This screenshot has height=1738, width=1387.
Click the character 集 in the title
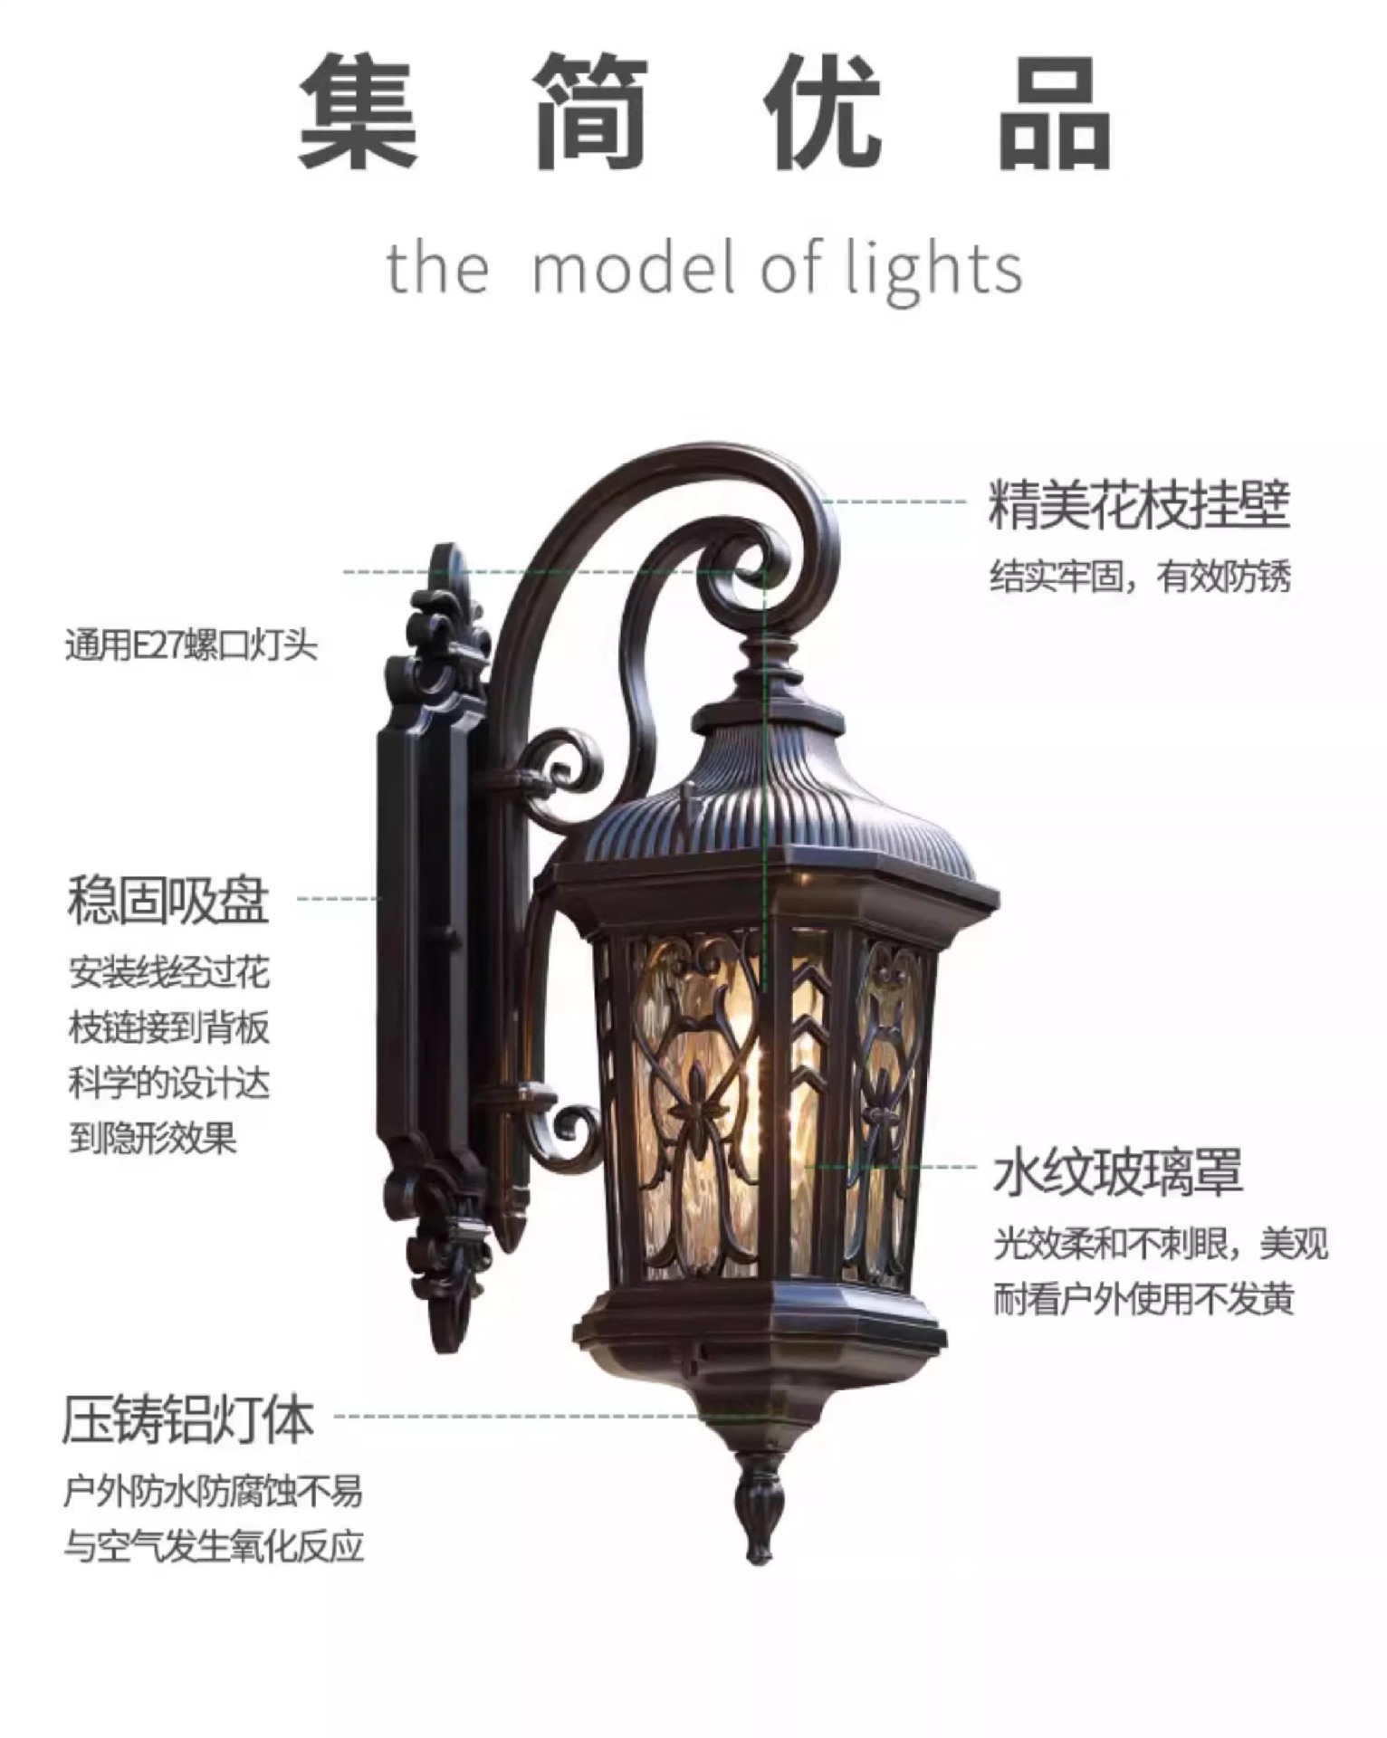pyautogui.click(x=358, y=110)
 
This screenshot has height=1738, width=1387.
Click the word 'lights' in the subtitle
pyautogui.click(x=934, y=270)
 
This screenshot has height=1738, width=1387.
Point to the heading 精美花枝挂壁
pyautogui.click(x=1138, y=505)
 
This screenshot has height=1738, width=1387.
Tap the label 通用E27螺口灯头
pyautogui.click(x=191, y=646)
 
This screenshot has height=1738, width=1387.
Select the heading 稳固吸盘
pyautogui.click(x=168, y=900)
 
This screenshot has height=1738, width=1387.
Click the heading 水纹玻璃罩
pyautogui.click(x=1117, y=1171)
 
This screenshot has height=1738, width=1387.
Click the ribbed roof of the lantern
pyautogui.click(x=770, y=806)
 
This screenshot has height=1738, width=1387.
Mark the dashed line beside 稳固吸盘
pyautogui.click(x=337, y=899)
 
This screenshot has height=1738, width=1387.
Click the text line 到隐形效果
pyautogui.click(x=153, y=1137)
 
